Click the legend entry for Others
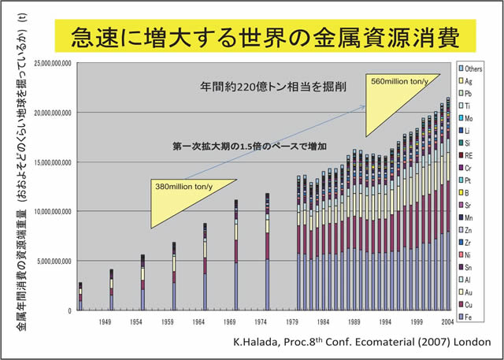[472, 70]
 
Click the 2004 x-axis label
[445, 322]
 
